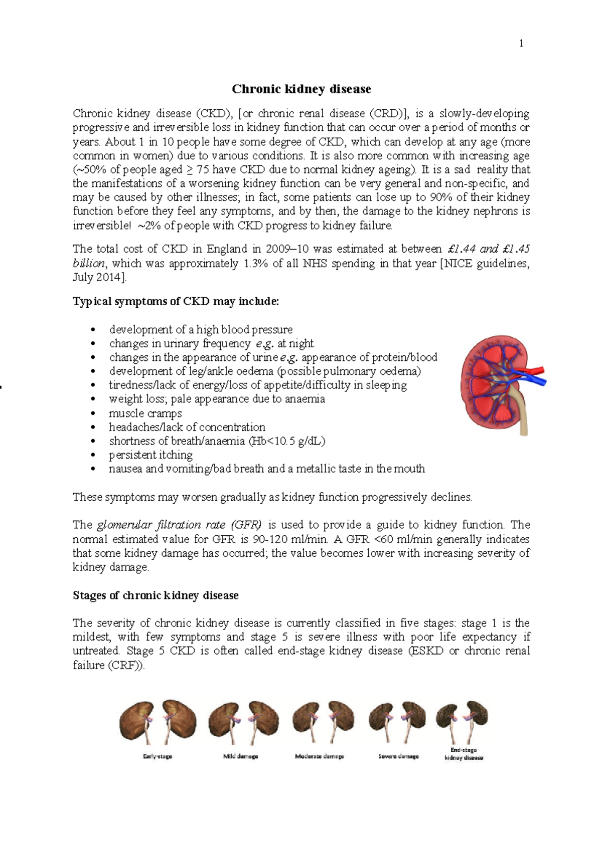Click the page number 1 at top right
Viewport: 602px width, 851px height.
click(x=521, y=44)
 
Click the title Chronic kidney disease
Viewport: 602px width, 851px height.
click(x=301, y=89)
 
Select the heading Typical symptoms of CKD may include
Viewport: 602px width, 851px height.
click(x=176, y=302)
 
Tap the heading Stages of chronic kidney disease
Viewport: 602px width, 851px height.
click(x=156, y=595)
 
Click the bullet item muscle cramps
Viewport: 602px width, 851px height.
click(x=145, y=413)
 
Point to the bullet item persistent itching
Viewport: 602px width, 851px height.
click(x=150, y=455)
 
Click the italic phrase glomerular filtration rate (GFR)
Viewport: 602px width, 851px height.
click(x=179, y=525)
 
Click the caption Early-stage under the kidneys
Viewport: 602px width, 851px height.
click(x=158, y=756)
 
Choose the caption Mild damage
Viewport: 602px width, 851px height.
click(x=240, y=756)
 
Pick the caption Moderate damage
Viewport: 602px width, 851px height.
click(x=319, y=756)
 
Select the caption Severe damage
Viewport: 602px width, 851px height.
click(x=398, y=756)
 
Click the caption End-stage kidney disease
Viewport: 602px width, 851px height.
click(x=464, y=754)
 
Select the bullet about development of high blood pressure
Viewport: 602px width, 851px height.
click(x=201, y=330)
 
